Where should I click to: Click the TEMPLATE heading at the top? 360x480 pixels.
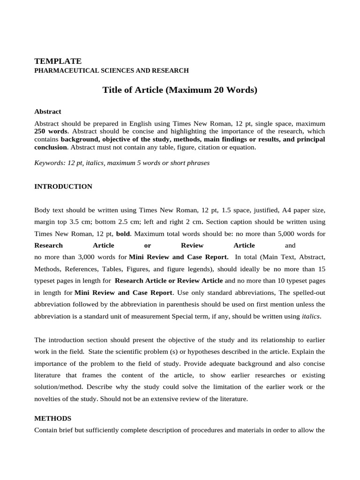58,61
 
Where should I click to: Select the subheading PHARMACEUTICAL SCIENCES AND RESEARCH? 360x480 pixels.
112,71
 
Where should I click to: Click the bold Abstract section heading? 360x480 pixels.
48,112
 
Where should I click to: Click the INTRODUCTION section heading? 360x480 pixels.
63,187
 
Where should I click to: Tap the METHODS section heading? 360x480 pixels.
53,418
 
